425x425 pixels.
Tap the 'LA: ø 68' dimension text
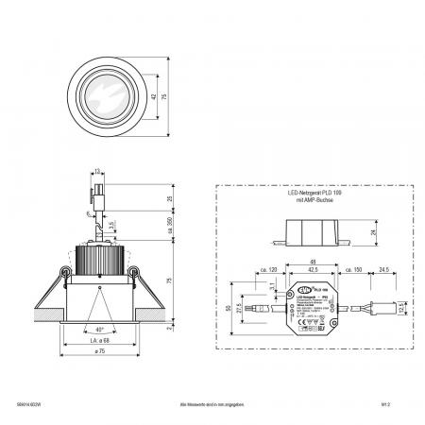point(99,340)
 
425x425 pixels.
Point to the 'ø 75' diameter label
point(98,353)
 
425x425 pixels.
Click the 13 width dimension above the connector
point(97,172)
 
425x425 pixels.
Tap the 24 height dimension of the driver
point(374,232)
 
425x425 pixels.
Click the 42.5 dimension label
point(313,271)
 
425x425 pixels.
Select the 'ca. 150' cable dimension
point(354,271)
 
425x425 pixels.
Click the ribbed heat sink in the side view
point(99,257)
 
